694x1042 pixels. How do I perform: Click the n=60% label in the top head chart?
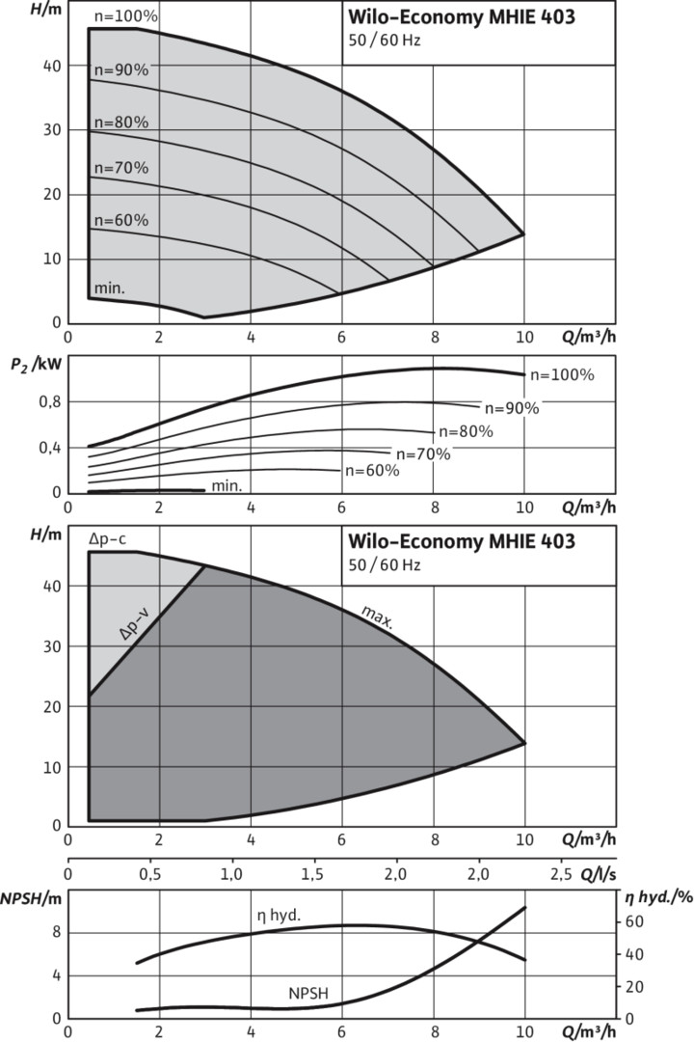(x=120, y=221)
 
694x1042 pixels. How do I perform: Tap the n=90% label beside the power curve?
(x=511, y=408)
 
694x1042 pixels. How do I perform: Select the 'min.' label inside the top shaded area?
(x=110, y=288)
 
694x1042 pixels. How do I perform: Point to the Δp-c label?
(x=107, y=540)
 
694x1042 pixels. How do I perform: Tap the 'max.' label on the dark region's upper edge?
(x=377, y=617)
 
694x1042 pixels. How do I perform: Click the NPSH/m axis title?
(x=27, y=895)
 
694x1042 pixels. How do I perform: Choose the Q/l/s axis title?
(x=597, y=873)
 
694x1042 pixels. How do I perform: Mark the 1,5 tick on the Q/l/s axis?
(x=313, y=874)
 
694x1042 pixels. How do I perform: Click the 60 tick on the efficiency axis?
(x=629, y=921)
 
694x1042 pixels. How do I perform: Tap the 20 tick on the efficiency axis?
(x=629, y=986)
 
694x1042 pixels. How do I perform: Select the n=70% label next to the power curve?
(x=421, y=453)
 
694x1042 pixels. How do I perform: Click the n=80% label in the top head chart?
(x=120, y=123)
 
